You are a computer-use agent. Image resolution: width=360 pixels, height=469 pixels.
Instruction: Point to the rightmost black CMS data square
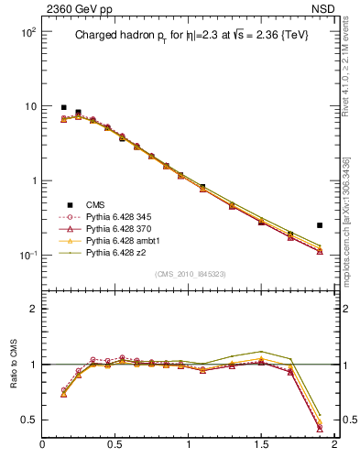tap(320, 224)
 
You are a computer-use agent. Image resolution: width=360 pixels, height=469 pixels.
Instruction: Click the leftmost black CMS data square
tap(63, 107)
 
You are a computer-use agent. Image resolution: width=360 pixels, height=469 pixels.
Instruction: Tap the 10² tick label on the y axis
tap(27, 32)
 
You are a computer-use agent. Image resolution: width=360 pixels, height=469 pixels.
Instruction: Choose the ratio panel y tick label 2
tap(32, 309)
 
